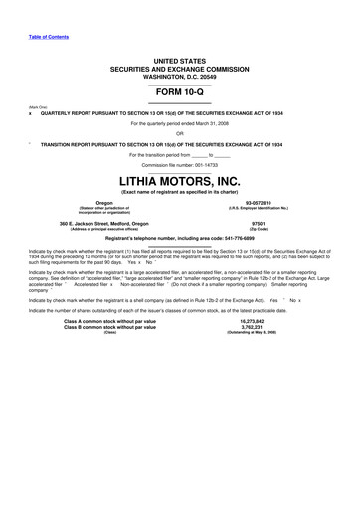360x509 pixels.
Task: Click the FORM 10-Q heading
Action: (179, 94)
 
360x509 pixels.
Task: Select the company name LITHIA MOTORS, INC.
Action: (179, 180)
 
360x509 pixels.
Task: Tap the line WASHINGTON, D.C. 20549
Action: (179, 76)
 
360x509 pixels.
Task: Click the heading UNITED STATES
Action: (179, 62)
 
